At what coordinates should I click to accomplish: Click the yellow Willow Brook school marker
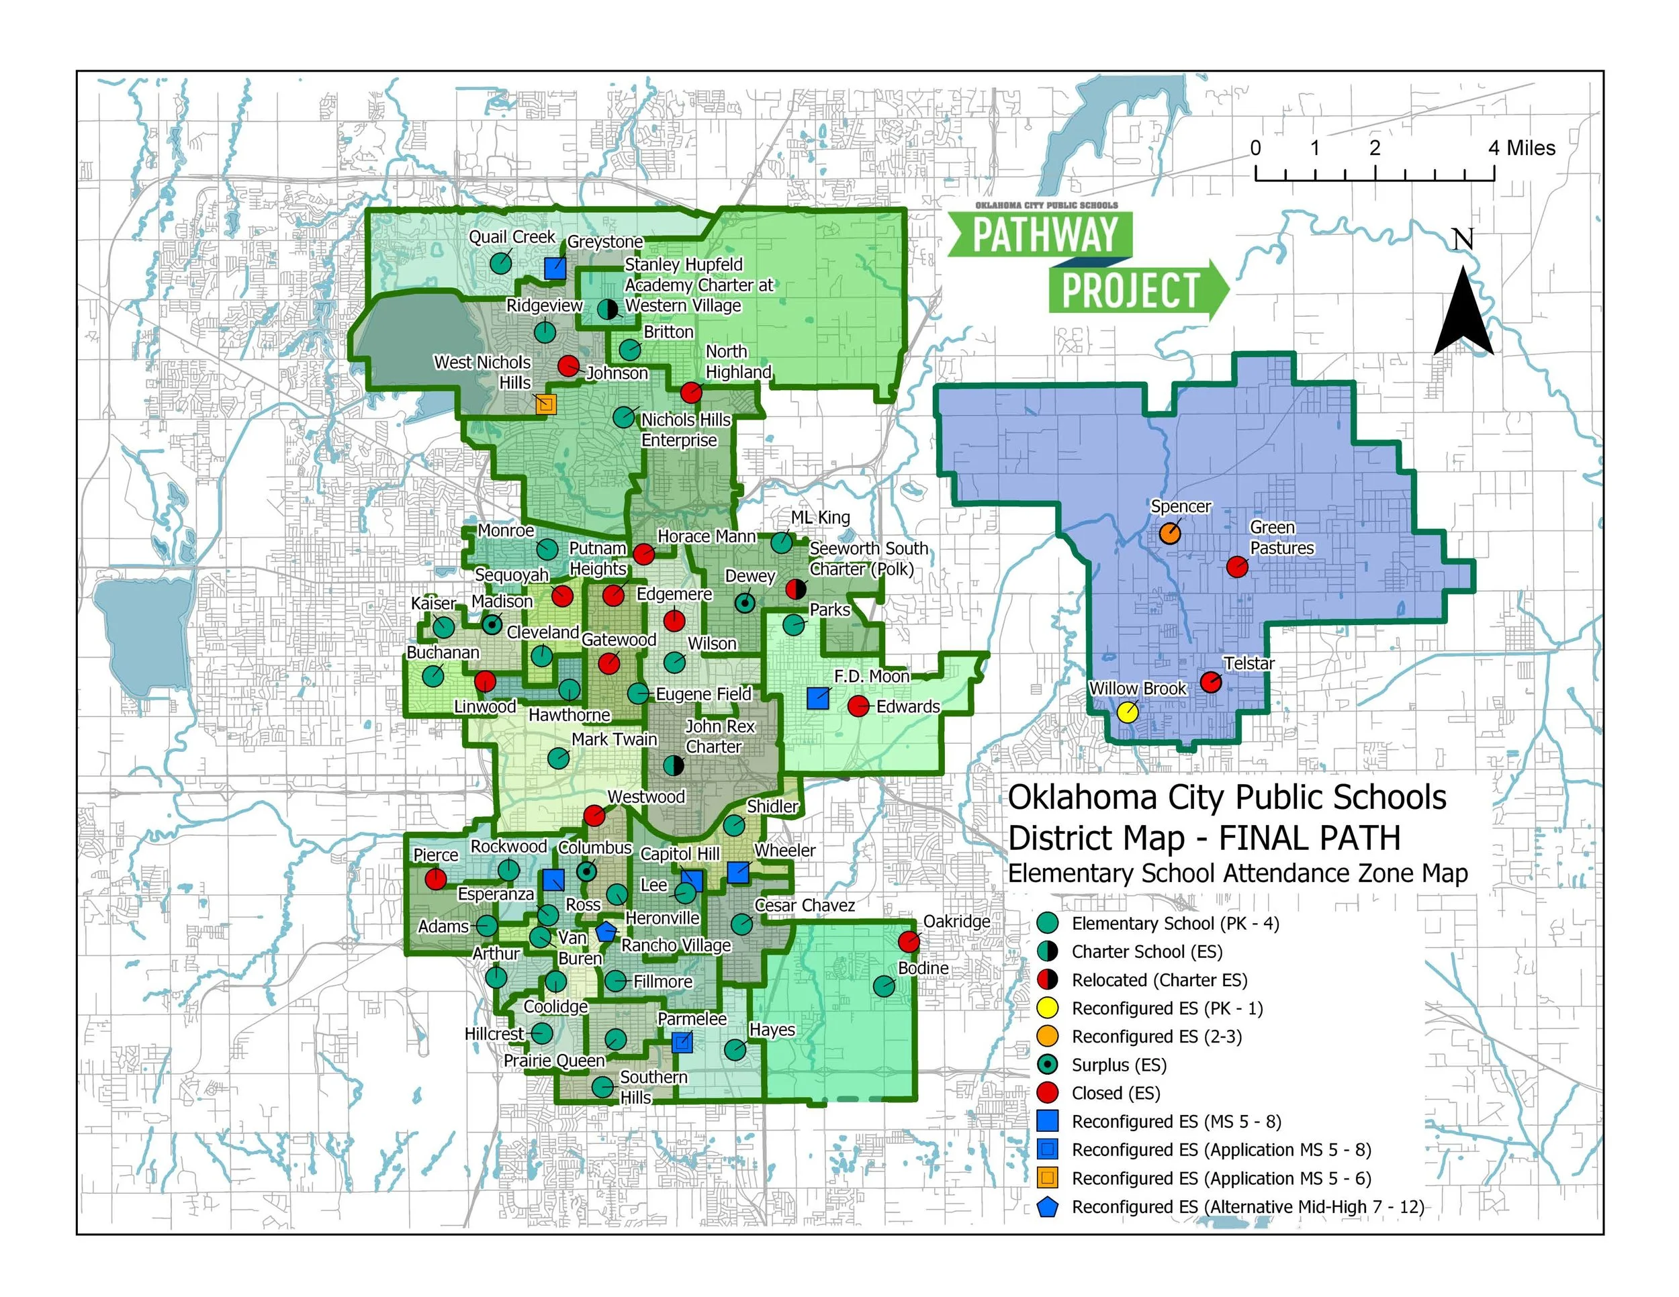pos(1127,712)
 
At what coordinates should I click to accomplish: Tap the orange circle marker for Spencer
pos(1169,533)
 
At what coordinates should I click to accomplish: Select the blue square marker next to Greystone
pos(555,268)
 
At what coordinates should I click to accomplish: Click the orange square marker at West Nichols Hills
pos(545,404)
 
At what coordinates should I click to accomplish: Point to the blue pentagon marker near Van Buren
pos(606,931)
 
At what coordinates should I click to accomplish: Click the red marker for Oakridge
pos(909,941)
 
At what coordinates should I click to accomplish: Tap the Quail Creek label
pos(512,237)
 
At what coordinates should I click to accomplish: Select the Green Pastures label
pos(1281,538)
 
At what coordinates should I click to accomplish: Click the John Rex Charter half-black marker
pos(674,765)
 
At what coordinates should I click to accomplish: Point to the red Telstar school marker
pos(1211,681)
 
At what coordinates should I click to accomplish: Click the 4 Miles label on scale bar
pos(1521,148)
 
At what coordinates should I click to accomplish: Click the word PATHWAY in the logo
pos(1045,234)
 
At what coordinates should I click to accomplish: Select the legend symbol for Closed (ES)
pos(1048,1093)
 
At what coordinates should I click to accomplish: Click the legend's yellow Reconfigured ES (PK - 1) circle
pos(1048,1008)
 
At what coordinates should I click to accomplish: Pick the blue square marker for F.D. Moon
pos(817,698)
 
